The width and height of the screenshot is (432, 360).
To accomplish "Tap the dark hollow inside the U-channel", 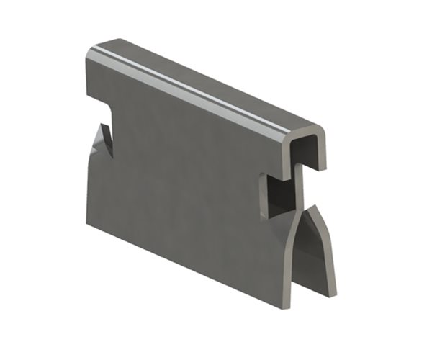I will [302, 153].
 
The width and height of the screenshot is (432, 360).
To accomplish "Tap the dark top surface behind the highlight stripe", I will [209, 76].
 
